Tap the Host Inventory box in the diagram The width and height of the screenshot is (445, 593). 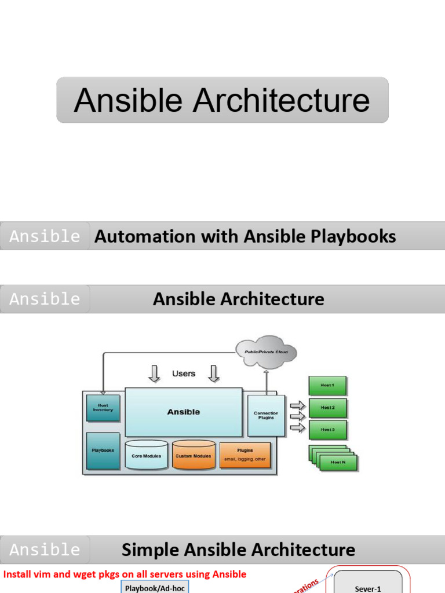point(103,408)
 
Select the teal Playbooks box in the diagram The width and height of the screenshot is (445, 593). point(103,451)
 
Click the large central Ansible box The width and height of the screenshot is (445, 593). point(183,412)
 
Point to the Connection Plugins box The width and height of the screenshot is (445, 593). point(266,416)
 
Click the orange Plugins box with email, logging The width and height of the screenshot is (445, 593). point(245,455)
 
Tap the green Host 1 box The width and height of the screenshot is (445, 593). point(327,385)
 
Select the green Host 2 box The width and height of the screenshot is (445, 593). point(327,408)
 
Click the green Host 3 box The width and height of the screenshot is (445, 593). point(327,430)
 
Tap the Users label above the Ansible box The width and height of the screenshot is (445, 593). point(183,374)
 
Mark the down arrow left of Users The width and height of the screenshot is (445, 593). point(154,374)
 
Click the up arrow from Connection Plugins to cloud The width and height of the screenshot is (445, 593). point(266,382)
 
